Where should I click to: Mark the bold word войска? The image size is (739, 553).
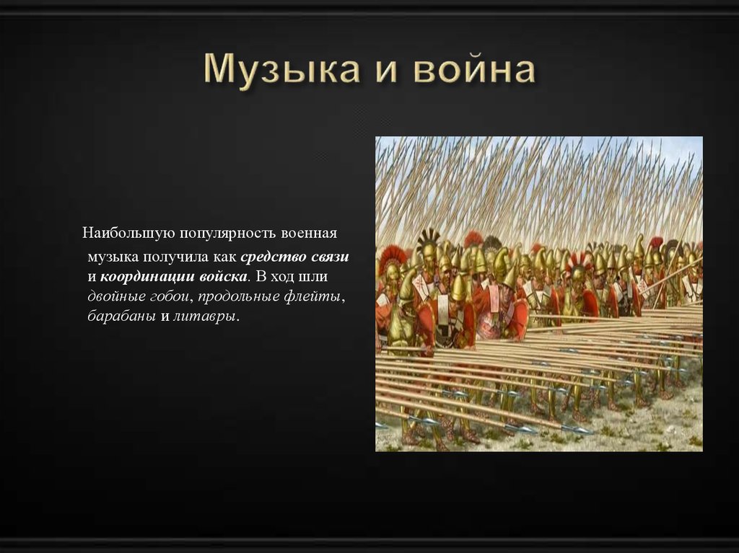pos(223,277)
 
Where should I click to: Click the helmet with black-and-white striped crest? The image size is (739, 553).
pos(428,242)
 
